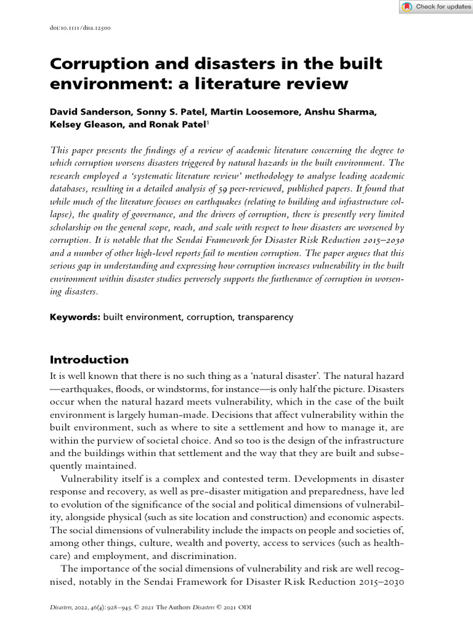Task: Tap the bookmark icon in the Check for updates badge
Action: (407, 7)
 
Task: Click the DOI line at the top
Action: (80, 28)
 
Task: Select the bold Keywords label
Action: (75, 317)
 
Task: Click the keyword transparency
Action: (265, 317)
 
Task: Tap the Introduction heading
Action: (89, 360)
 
